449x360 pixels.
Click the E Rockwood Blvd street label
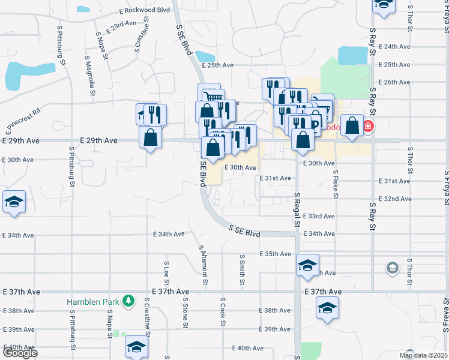(145, 11)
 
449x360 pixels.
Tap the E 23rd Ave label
(120, 26)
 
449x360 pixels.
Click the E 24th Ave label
(396, 46)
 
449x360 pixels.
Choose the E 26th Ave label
(396, 82)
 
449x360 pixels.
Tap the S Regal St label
(297, 209)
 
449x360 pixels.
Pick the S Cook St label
(223, 311)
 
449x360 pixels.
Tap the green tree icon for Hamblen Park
(128, 300)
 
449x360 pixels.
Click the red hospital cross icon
(368, 127)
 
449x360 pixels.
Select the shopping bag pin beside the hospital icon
(352, 126)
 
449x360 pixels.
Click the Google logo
(20, 353)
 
